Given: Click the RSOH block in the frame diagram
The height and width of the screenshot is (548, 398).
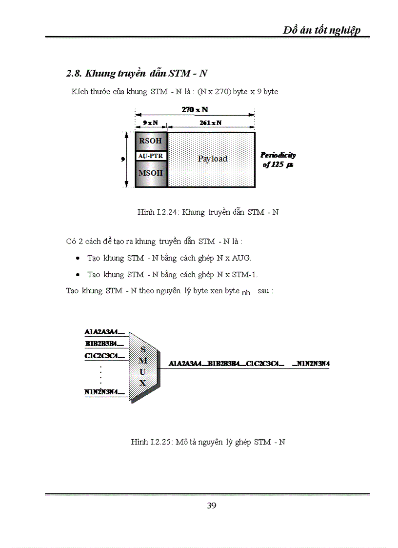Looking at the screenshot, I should (151, 141).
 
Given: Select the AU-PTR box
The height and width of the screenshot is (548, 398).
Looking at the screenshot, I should (151, 156).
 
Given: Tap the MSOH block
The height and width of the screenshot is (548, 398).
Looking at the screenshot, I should (151, 173).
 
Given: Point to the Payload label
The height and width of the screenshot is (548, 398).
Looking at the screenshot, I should (212, 159).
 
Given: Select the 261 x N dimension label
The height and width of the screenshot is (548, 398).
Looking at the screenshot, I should (210, 123).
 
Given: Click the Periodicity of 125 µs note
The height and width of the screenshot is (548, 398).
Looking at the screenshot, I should (278, 160).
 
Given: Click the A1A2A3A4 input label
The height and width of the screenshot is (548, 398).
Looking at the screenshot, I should (104, 332).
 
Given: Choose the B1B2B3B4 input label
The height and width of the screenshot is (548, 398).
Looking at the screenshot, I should (104, 344).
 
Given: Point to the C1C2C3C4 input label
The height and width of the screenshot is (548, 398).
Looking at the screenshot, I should (104, 356).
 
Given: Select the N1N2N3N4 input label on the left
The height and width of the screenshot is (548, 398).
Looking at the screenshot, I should (104, 392).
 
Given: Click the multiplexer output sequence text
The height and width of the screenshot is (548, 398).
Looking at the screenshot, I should (249, 364).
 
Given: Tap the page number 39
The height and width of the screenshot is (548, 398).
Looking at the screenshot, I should (211, 506).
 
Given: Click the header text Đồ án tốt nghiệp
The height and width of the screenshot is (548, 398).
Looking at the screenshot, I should (322, 30).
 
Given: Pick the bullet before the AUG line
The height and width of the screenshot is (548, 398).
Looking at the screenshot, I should (78, 258).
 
